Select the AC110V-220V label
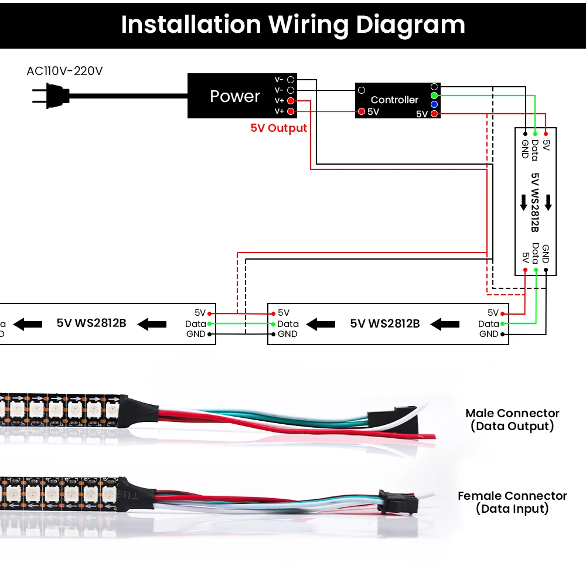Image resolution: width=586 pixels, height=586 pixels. point(64,71)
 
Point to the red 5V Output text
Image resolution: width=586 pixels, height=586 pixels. point(278,128)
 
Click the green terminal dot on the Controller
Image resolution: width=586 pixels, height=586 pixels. point(434,95)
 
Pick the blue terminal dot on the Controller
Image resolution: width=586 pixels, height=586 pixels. point(434,104)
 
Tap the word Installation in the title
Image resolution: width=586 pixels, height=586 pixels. point(190,25)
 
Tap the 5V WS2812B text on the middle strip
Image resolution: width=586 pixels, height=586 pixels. point(385,323)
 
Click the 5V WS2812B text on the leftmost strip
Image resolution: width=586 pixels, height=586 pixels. point(91,322)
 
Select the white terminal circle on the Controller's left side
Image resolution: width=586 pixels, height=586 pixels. point(362,90)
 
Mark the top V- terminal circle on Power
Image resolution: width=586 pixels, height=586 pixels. point(290,79)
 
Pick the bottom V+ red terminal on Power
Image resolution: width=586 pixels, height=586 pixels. point(290,111)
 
